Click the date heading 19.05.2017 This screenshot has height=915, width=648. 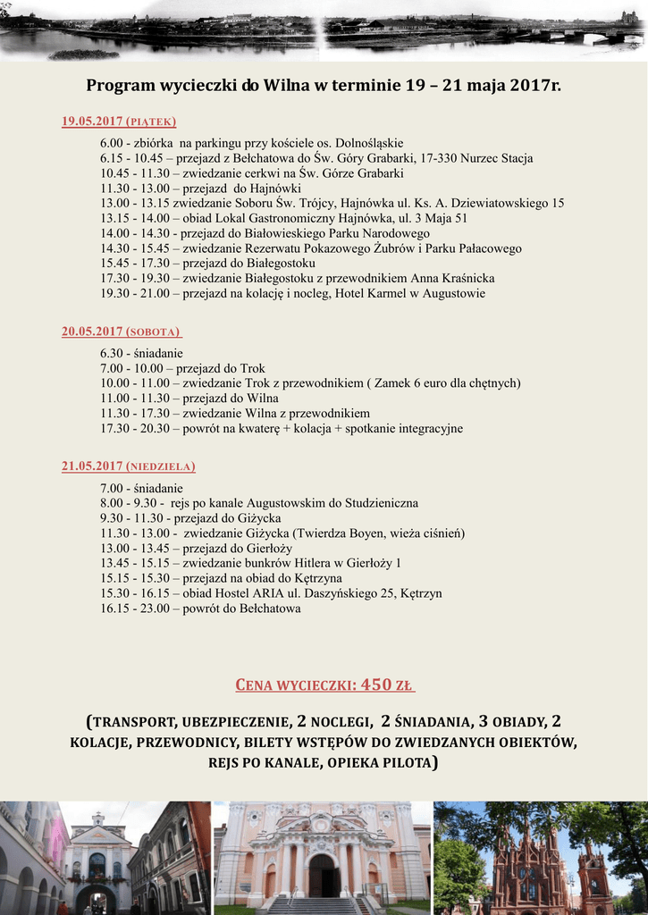pos(92,122)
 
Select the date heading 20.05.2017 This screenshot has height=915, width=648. pos(92,332)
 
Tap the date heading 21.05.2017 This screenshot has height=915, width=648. pos(92,466)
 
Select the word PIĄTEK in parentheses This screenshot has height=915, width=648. pos(151,122)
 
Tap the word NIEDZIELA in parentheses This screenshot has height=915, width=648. pos(161,466)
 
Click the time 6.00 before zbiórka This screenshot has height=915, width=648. pos(112,143)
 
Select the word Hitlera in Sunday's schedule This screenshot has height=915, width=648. pos(314,563)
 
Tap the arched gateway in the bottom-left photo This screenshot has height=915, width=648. pos(95,898)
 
